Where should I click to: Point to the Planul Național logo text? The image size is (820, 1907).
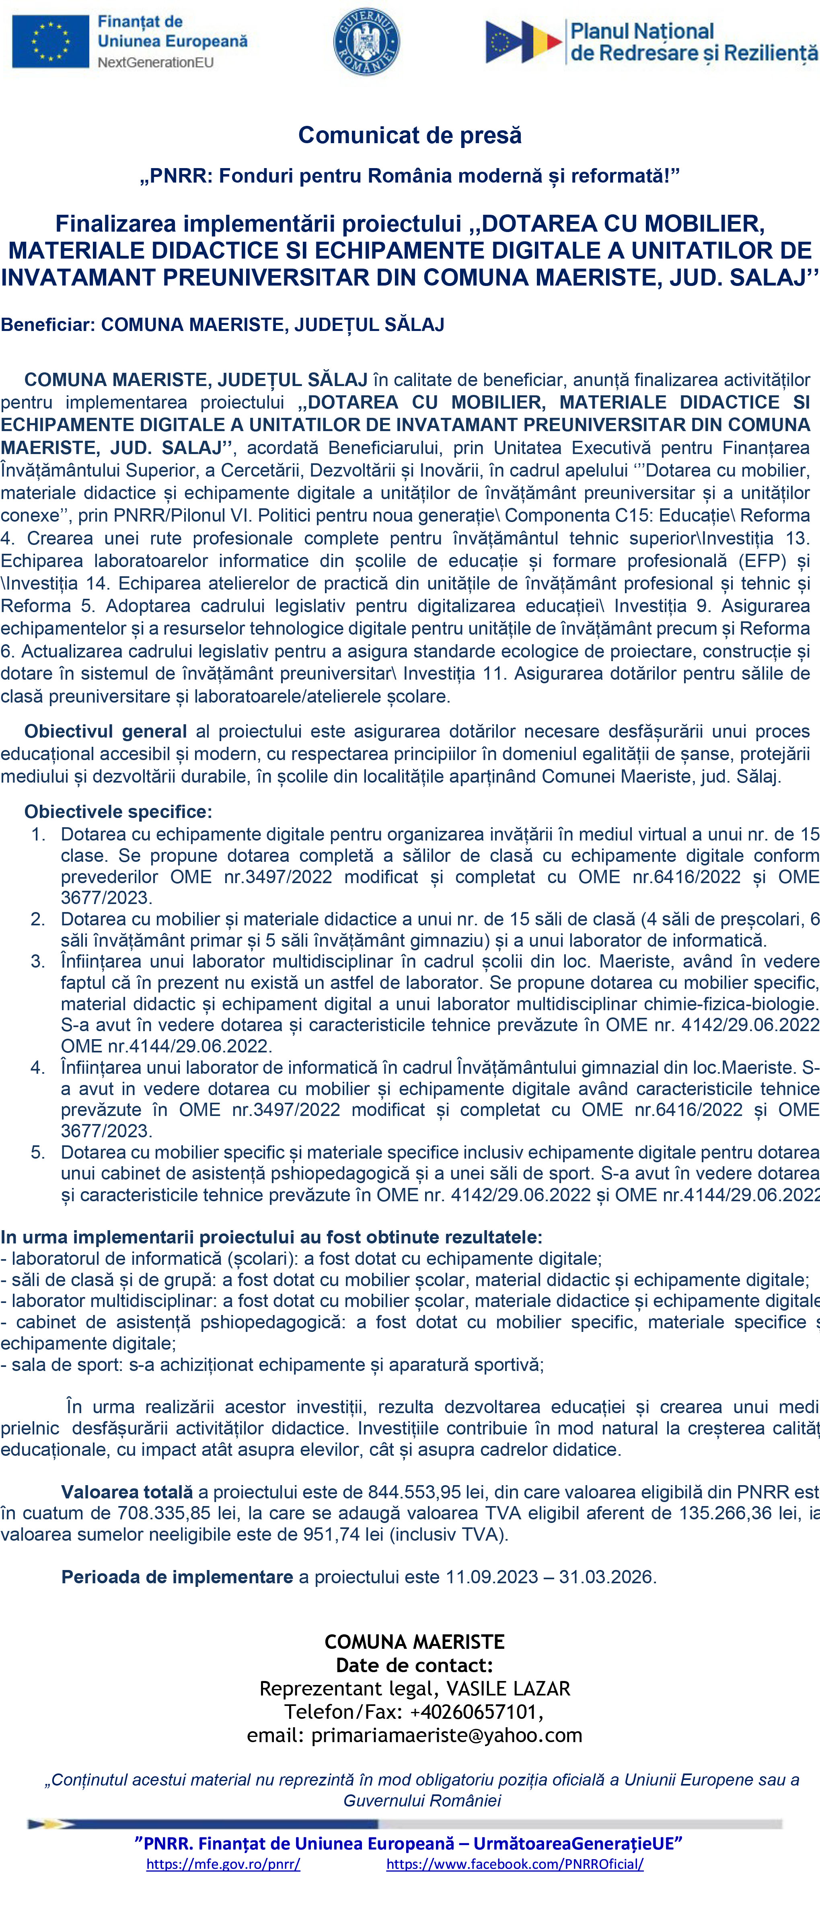point(693,42)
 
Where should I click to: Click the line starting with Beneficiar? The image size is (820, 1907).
point(222,325)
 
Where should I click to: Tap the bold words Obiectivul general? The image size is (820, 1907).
point(105,732)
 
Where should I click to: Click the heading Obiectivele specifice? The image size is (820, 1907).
point(118,812)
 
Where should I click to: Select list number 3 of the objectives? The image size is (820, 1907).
point(38,962)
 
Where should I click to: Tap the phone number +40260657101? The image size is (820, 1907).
point(475,1712)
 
